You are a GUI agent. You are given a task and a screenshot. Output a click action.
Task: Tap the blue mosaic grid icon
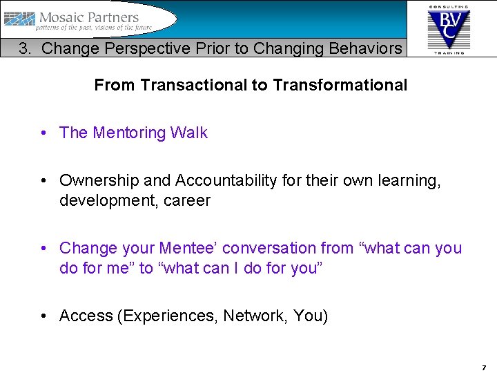pos(19,20)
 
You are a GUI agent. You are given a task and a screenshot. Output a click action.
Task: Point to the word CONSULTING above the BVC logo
pos(449,6)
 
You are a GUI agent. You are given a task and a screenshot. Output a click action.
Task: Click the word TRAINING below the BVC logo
pos(449,52)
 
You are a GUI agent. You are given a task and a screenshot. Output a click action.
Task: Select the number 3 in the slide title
pos(24,48)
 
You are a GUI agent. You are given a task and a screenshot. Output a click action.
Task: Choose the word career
pos(186,201)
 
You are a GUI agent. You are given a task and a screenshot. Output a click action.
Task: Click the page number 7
pos(484,367)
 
